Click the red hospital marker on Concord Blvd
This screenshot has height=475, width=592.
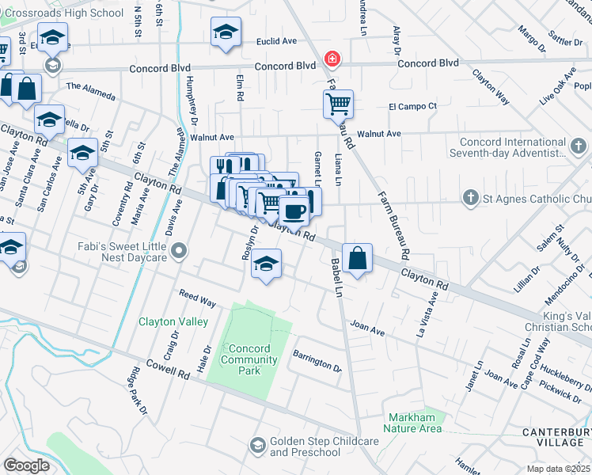pos(333,59)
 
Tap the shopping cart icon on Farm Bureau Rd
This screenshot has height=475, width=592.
pos(338,103)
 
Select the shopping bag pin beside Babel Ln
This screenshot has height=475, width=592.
pos(359,258)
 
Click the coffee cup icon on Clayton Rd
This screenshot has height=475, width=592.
pos(294,211)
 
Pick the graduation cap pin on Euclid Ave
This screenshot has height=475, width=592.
pos(226,32)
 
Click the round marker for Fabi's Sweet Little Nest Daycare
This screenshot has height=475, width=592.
pos(180,252)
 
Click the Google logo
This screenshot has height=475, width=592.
pos(26,465)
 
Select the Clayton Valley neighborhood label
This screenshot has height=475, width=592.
pos(173,321)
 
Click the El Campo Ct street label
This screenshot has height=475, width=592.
pos(412,106)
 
